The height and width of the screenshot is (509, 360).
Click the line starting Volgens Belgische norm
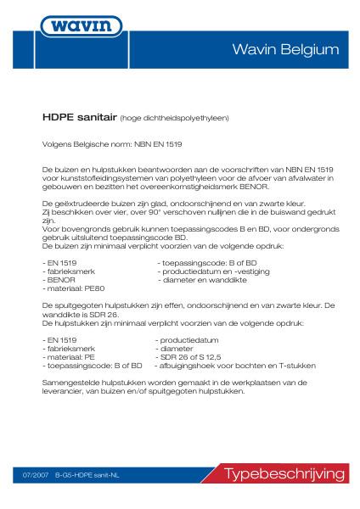pos(98,143)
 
